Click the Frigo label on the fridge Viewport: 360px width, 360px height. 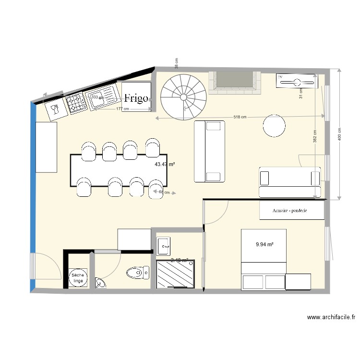[x=136, y=98]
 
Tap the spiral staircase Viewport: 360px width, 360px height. [x=183, y=97]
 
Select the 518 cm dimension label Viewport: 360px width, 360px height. [x=240, y=117]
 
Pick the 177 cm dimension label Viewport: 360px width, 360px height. [x=123, y=109]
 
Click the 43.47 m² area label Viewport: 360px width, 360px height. [x=164, y=164]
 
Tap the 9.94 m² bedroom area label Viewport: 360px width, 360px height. [x=264, y=244]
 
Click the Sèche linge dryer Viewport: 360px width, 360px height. [x=77, y=277]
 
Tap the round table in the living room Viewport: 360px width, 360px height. [x=274, y=126]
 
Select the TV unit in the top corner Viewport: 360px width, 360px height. [x=297, y=81]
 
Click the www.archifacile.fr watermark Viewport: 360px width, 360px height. [x=331, y=317]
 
